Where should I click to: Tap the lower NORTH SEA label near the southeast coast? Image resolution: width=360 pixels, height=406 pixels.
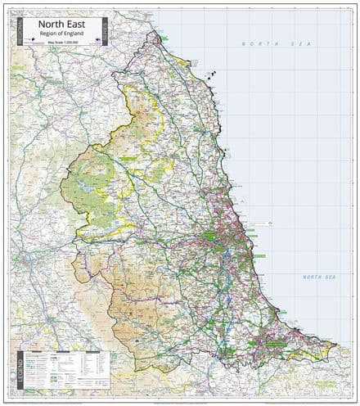pyautogui.click(x=319, y=277)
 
